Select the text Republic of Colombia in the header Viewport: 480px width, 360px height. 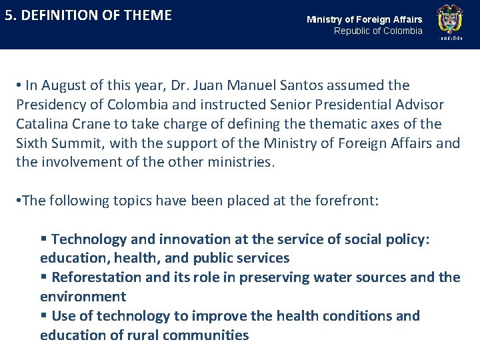[x=378, y=31]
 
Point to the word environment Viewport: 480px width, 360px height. [x=83, y=297]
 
